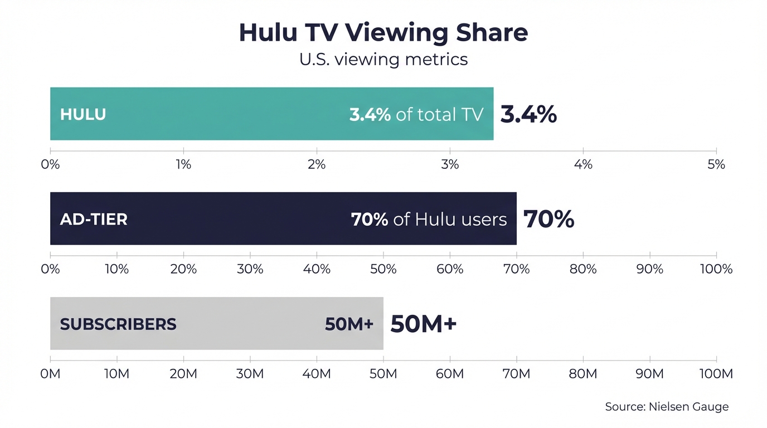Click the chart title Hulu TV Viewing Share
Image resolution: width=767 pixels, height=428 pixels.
(x=383, y=33)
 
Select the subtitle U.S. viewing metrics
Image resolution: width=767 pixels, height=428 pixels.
(x=383, y=59)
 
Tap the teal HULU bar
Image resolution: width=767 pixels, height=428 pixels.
(x=223, y=114)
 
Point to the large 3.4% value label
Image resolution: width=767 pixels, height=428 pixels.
(x=528, y=114)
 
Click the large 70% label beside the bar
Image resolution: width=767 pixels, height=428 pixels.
(x=548, y=219)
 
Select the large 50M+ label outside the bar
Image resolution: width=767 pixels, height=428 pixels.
(x=424, y=324)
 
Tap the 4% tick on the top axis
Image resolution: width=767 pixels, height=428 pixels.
(x=583, y=164)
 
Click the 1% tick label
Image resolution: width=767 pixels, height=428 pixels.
(x=183, y=164)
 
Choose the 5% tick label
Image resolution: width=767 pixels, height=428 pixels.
(x=716, y=164)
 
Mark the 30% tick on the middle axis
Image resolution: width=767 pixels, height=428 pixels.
(x=250, y=269)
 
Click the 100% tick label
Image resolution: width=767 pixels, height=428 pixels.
(x=716, y=269)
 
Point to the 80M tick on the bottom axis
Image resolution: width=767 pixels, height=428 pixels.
(x=583, y=374)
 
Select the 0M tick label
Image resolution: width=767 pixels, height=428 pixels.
(x=50, y=374)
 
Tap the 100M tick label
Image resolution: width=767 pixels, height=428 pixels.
(x=716, y=374)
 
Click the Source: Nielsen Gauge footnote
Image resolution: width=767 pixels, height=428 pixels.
(x=667, y=407)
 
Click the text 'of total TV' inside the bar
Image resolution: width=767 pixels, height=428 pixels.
(x=439, y=114)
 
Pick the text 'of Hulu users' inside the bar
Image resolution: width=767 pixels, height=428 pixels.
(x=450, y=219)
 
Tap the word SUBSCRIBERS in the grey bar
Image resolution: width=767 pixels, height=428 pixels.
(x=118, y=324)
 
